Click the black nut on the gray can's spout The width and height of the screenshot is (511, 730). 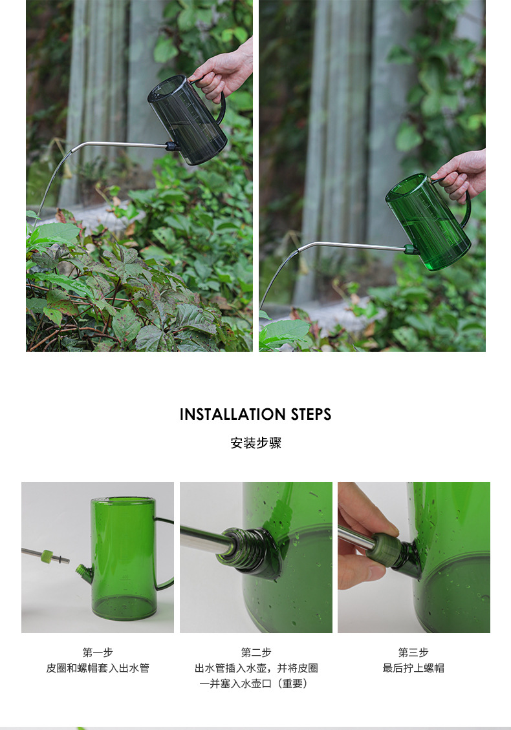tap(172, 146)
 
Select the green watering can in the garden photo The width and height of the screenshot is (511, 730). tap(428, 221)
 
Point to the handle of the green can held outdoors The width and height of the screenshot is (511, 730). tap(466, 207)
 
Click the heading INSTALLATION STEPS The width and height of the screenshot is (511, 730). tap(255, 414)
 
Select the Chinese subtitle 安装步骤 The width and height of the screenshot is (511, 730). tap(256, 443)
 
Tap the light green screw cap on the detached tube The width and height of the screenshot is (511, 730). tap(47, 556)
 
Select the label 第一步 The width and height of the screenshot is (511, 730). tap(98, 652)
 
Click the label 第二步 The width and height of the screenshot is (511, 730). tap(256, 652)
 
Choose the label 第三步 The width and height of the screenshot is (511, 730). tap(413, 652)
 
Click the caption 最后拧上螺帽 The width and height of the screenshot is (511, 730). tap(413, 668)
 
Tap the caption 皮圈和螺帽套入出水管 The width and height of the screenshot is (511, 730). tap(98, 668)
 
